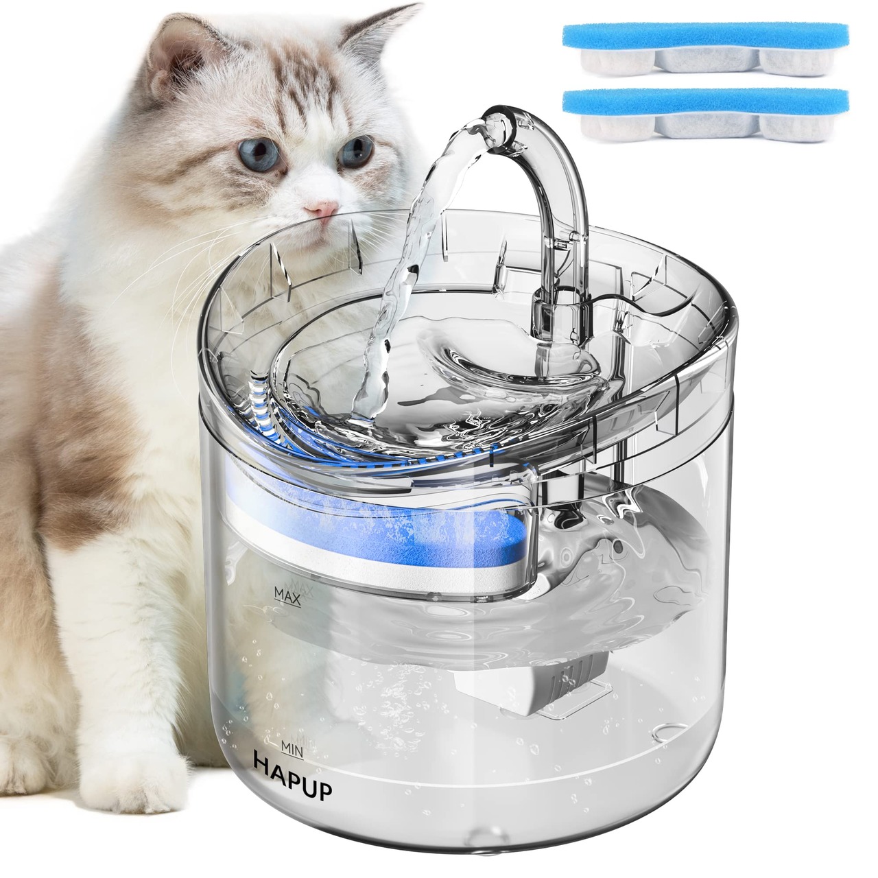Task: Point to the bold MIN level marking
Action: (x=292, y=735)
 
